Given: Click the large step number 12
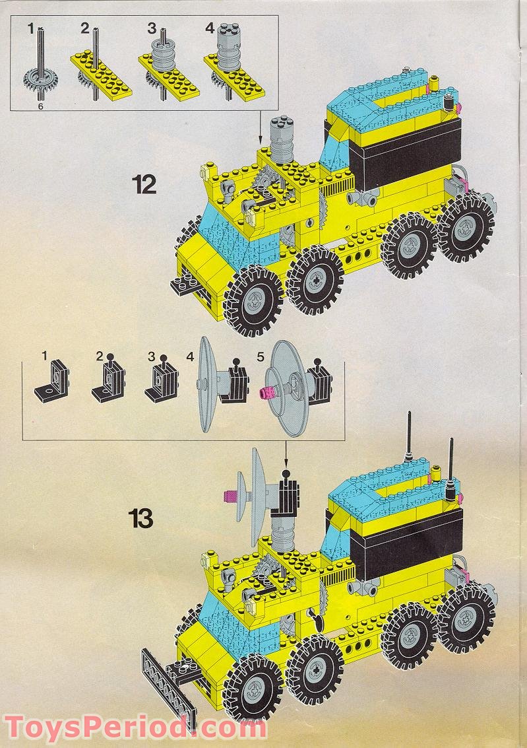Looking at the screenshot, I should pyautogui.click(x=143, y=184).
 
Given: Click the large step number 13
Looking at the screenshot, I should pyautogui.click(x=142, y=518).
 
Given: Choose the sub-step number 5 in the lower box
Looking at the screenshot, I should pyautogui.click(x=260, y=357).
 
